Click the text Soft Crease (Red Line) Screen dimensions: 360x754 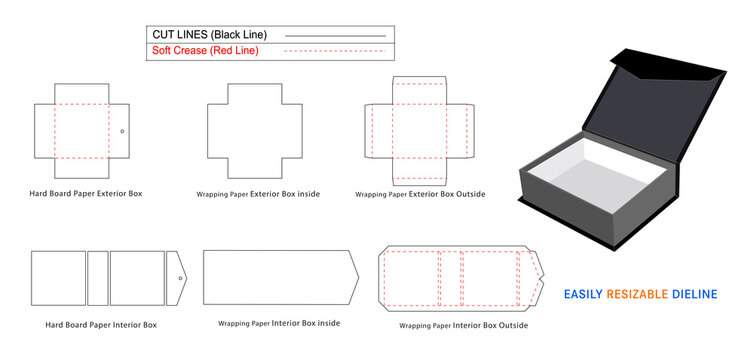pos(205,50)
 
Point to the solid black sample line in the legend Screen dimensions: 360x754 pos(335,36)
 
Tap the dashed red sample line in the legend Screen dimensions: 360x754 pos(335,51)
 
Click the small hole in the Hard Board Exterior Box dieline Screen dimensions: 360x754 pos(122,131)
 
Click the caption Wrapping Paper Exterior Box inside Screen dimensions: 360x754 pos(258,193)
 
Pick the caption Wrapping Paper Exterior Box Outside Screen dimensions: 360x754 pos(421,194)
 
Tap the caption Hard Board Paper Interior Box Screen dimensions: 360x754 pos(100,325)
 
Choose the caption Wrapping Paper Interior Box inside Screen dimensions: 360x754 pos(279,323)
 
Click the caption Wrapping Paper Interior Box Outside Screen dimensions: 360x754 pos(464,326)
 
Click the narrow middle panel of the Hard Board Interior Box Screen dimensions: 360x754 pos(98,277)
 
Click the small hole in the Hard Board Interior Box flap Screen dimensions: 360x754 pos(180,277)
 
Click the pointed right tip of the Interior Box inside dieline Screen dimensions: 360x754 pos(357,277)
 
